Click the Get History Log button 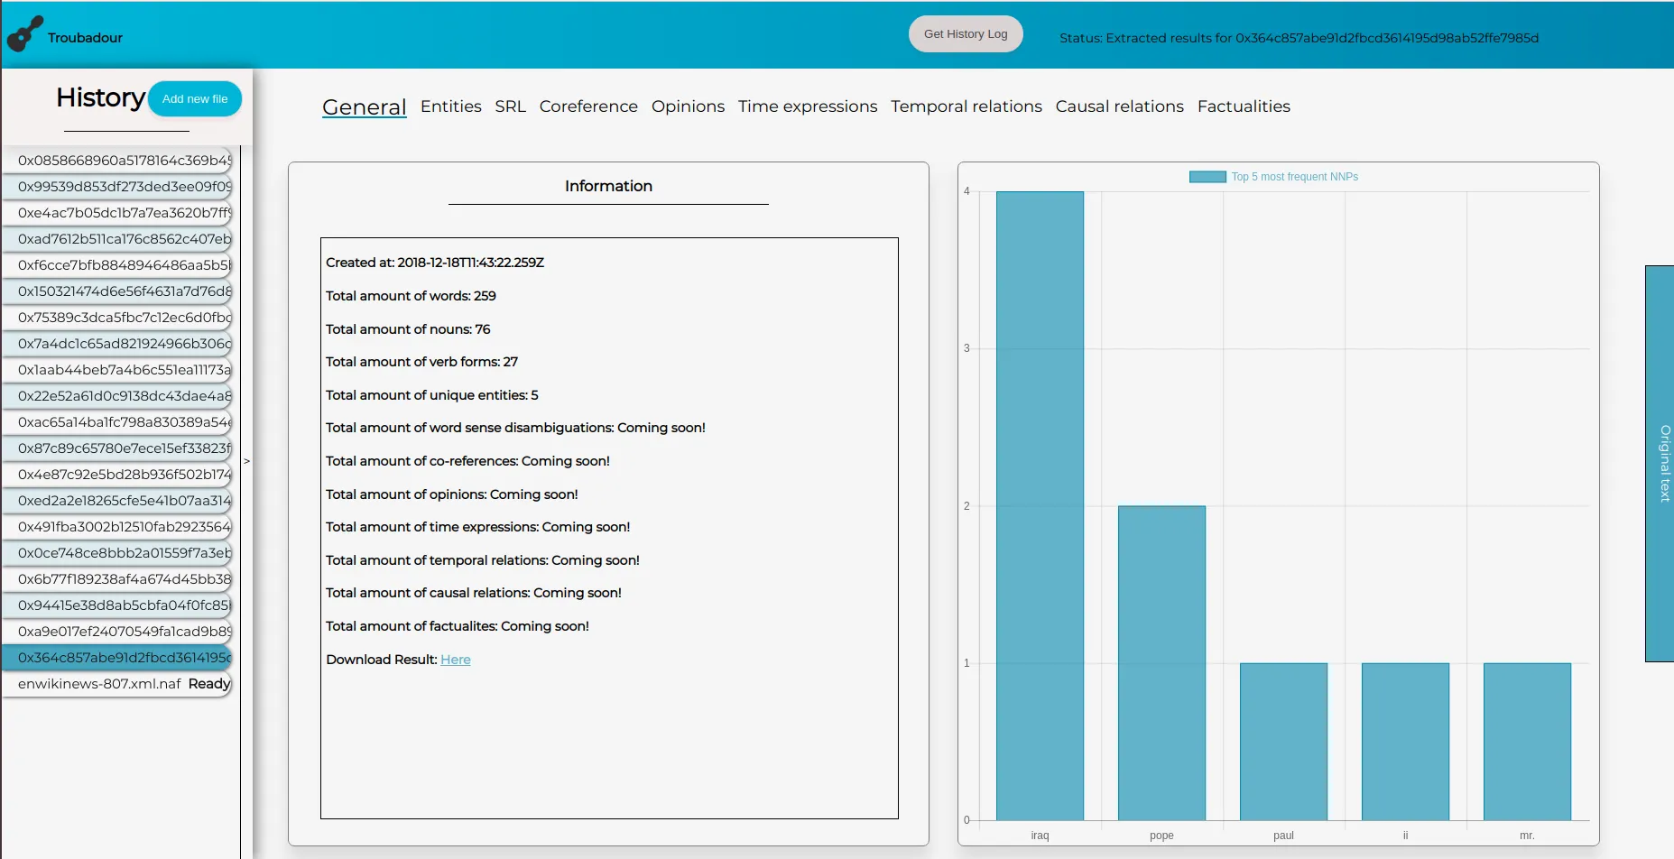tap(965, 34)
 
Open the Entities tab tap(450, 106)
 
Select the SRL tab tap(510, 106)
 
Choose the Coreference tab tap(588, 106)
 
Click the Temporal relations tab tap(966, 106)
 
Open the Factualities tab tap(1243, 106)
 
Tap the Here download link tap(456, 660)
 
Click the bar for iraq tap(1040, 505)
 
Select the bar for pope tap(1161, 662)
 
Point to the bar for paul tap(1283, 741)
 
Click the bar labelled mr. tap(1527, 741)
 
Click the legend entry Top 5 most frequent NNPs tap(1273, 177)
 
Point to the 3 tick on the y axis tap(966, 348)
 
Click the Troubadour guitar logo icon tap(24, 34)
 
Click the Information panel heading tap(608, 186)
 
